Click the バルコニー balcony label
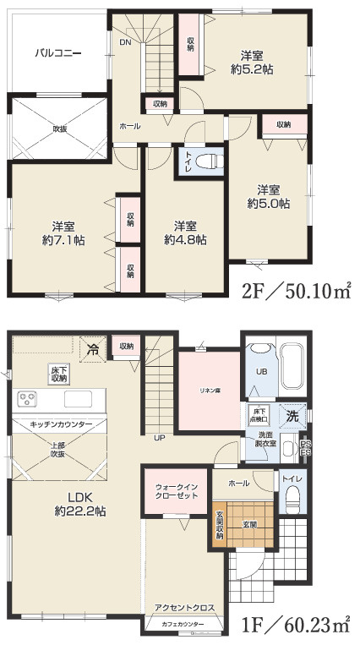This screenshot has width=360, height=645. pos(57,52)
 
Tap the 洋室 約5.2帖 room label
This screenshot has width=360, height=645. pos(253,63)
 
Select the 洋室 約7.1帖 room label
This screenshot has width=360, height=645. pos(63,232)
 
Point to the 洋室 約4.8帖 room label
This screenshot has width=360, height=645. pos(185,232)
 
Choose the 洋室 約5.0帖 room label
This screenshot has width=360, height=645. pos(269,196)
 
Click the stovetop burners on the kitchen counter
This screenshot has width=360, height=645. pos(26,398)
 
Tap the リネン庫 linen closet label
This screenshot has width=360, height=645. pos(210,390)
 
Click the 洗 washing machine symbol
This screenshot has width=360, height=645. pos(290,416)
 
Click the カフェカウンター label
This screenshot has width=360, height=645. pos(183,625)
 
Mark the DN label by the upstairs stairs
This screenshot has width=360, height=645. pos(125,42)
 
